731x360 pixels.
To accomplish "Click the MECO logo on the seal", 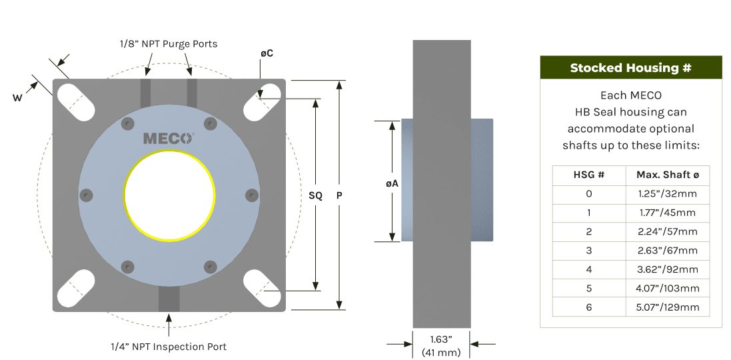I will (169, 139).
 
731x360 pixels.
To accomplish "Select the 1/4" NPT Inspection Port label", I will (169, 347).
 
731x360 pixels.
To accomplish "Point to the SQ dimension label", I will (316, 195).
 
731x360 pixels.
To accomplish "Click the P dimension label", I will (340, 195).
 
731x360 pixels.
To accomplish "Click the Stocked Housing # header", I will (630, 68).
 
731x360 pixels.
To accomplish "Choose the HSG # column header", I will (589, 175).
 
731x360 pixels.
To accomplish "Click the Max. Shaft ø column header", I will (667, 175).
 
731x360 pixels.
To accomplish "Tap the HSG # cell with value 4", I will (589, 270).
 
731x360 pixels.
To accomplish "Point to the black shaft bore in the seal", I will (169, 197).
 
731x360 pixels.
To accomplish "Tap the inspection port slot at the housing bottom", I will (169, 299).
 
